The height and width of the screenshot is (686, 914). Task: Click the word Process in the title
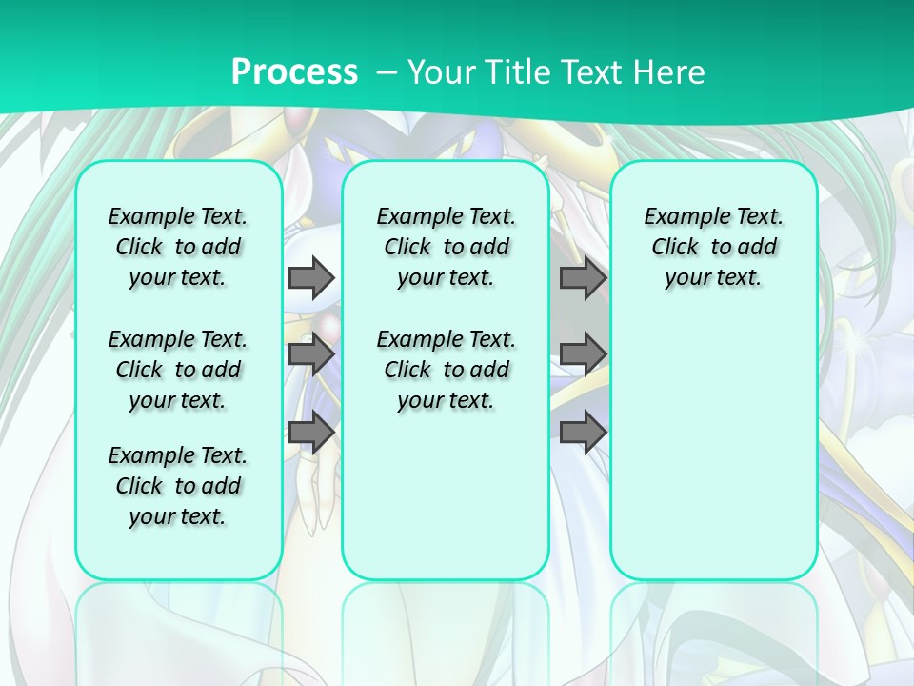pos(294,71)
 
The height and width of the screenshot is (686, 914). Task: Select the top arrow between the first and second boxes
pos(311,277)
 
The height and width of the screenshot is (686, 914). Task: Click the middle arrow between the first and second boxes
pos(311,354)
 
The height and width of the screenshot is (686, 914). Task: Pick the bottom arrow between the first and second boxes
pos(311,432)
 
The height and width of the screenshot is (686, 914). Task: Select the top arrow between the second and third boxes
pos(583,277)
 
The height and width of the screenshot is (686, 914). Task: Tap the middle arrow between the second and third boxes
pos(583,354)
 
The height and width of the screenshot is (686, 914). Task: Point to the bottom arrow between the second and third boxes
pos(583,432)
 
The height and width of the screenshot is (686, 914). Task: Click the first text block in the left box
pos(178,247)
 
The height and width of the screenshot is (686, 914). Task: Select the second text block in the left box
pos(178,370)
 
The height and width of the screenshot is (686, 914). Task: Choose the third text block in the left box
pos(178,486)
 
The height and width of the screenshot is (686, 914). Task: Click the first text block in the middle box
pos(447,247)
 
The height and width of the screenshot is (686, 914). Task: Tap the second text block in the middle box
pos(447,370)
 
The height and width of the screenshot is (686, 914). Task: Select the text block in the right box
pos(714,247)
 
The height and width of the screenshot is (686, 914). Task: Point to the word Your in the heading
pos(444,71)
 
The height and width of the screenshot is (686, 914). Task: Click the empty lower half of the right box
pos(714,457)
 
